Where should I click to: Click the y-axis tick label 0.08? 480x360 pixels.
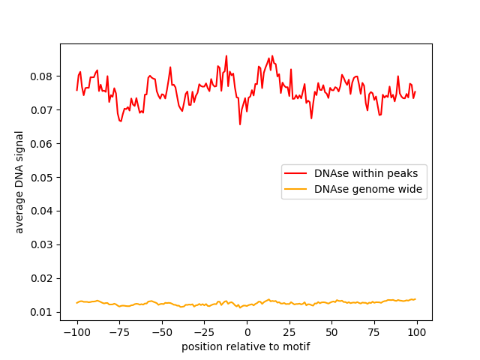[x=43, y=76]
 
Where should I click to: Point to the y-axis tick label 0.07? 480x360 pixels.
[x=43, y=110]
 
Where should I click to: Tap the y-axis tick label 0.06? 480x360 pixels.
[x=43, y=144]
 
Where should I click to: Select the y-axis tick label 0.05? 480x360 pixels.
[x=43, y=178]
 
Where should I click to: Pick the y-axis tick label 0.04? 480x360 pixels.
[x=43, y=211]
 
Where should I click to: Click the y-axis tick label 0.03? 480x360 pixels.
[x=43, y=244]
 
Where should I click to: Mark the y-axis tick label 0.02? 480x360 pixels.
[x=43, y=278]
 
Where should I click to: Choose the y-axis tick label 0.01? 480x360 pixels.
[x=43, y=312]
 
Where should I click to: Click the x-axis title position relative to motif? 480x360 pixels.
[x=246, y=346]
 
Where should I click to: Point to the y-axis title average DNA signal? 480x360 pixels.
[x=20, y=181]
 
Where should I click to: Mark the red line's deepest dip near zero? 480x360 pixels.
[x=240, y=124]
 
